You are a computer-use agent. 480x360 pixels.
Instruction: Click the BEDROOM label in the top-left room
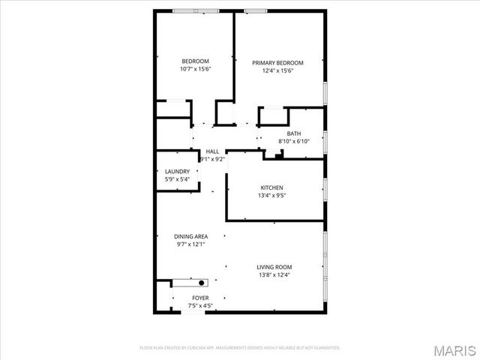tap(195, 61)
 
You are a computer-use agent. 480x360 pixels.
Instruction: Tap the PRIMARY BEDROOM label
tap(277, 63)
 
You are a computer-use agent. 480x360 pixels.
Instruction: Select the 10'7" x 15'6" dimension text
tap(195, 70)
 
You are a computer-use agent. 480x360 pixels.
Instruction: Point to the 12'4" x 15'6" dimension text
tap(277, 71)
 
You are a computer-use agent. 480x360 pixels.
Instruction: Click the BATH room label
tap(293, 133)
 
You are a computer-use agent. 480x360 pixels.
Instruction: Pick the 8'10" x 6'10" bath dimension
tap(293, 141)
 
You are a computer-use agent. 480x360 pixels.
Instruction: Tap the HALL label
tap(212, 151)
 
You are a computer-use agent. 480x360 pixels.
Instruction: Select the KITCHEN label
tap(271, 187)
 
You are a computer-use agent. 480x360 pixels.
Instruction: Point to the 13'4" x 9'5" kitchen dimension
tap(271, 196)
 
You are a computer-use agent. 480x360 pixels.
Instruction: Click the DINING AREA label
tap(190, 236)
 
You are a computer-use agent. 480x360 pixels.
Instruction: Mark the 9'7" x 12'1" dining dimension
tap(190, 244)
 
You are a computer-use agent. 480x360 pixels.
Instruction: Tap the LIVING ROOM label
tap(274, 267)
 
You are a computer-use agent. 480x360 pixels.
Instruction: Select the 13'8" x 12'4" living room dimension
tap(274, 275)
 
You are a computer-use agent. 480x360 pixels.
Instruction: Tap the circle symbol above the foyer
tap(200, 283)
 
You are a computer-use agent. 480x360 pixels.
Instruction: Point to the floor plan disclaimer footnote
tap(240, 348)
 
